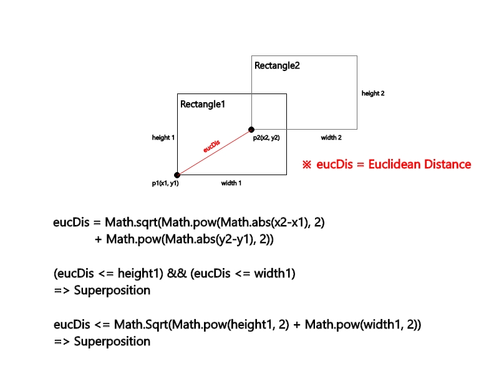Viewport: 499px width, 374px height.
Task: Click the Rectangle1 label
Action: (202, 104)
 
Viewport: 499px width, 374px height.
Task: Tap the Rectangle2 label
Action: (277, 65)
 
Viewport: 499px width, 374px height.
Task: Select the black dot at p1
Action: (177, 175)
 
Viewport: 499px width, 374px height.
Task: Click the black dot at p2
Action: (251, 130)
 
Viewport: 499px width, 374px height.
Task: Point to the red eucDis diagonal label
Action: (212, 146)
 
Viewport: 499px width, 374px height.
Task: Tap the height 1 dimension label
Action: (163, 137)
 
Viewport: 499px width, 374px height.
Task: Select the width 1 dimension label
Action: (231, 183)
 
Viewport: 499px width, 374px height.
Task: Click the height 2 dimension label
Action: (373, 93)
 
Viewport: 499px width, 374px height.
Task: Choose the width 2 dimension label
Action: (331, 137)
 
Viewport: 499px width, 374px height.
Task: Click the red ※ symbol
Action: (306, 165)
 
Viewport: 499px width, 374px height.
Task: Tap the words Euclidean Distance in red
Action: (419, 165)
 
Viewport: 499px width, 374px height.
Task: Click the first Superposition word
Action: (112, 290)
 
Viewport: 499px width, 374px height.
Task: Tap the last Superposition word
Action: (112, 342)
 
